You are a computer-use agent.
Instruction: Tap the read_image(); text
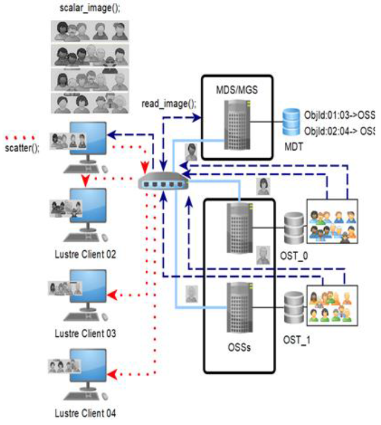168,104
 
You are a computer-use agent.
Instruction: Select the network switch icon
165,181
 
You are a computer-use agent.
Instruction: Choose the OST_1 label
296,340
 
